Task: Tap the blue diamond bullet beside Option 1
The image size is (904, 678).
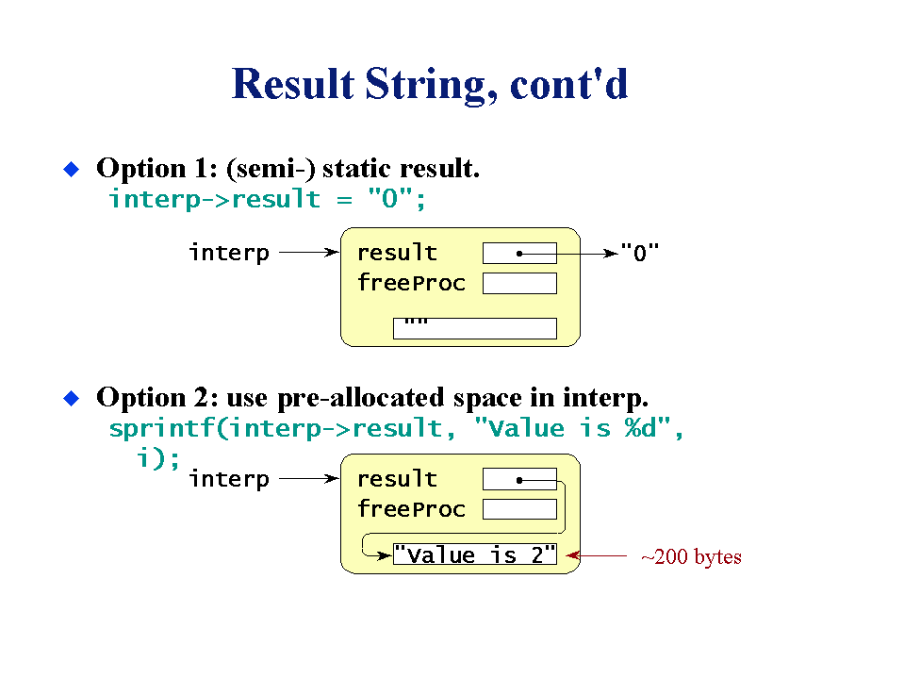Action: [x=71, y=169]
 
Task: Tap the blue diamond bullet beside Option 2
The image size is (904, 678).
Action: [x=71, y=398]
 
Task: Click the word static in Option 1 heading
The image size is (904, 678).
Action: [x=356, y=169]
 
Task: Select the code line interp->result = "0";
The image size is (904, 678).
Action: [x=267, y=199]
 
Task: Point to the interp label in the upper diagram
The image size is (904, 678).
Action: [x=229, y=253]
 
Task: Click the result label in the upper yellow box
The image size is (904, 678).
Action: [x=397, y=253]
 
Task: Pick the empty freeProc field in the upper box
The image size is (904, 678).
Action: [x=519, y=283]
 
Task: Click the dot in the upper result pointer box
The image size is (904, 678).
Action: [x=519, y=254]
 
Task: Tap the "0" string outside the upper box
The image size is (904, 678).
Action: [x=639, y=253]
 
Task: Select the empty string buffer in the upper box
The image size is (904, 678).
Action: [x=474, y=328]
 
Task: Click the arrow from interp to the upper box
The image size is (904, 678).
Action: [x=309, y=252]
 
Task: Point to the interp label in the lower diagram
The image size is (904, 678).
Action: [x=229, y=479]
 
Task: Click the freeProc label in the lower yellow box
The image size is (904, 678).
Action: [x=411, y=509]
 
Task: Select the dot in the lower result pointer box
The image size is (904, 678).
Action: [x=519, y=480]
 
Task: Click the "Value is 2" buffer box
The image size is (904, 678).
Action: [x=474, y=554]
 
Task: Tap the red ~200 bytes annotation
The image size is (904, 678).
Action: [x=691, y=557]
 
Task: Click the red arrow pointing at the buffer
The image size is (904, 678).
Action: [x=596, y=555]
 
